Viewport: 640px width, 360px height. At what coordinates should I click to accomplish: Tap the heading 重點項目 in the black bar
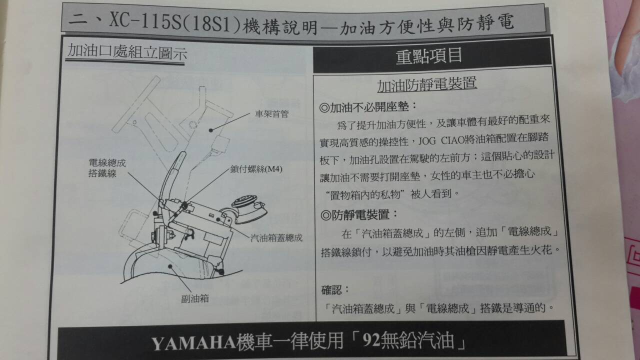click(428, 55)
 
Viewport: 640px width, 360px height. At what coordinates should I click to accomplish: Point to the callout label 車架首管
click(271, 114)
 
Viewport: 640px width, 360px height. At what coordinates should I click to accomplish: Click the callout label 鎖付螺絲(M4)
click(256, 169)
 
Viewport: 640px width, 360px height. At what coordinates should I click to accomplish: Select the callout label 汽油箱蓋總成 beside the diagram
click(276, 237)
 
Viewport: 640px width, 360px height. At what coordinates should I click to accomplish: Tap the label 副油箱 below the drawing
click(195, 298)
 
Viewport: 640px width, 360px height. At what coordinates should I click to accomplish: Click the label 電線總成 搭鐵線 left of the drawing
click(107, 168)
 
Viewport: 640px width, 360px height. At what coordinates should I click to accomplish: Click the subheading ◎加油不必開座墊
click(368, 107)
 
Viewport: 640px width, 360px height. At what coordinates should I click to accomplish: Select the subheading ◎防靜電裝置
click(359, 215)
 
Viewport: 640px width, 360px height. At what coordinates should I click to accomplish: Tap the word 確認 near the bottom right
click(331, 290)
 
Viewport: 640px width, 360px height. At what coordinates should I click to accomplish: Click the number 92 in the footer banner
click(371, 339)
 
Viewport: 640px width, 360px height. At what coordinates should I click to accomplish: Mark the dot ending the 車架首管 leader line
click(211, 130)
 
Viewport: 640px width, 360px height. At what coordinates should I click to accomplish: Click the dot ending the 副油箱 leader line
click(170, 266)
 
